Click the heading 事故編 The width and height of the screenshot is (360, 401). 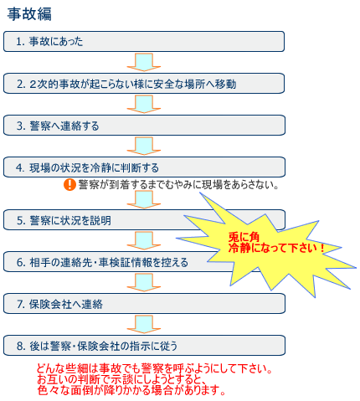tap(29, 14)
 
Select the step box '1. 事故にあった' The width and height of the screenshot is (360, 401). tap(144, 42)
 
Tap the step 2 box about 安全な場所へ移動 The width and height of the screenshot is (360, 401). tap(144, 84)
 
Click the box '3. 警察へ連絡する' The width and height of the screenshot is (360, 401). tap(144, 126)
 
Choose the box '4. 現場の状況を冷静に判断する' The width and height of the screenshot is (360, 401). tap(144, 167)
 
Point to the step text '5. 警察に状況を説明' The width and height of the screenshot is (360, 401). tap(64, 220)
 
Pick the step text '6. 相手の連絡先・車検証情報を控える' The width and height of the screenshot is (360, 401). tap(102, 262)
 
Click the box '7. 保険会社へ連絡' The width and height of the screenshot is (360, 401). tap(144, 304)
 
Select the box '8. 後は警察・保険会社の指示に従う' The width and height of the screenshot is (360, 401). tap(144, 346)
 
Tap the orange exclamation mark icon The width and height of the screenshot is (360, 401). tap(69, 184)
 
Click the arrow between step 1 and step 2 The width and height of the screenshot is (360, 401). tap(144, 62)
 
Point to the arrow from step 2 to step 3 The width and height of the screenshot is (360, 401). tap(144, 104)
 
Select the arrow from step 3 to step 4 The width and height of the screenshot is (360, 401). tap(144, 146)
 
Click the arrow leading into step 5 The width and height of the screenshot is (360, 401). tap(144, 199)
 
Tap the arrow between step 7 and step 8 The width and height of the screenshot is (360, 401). tap(144, 324)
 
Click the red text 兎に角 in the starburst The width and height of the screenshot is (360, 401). tap(244, 237)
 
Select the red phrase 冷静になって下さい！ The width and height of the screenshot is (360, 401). tap(276, 248)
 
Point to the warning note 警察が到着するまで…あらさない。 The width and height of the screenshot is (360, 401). tap(178, 184)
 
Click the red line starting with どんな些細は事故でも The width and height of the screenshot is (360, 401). tap(154, 368)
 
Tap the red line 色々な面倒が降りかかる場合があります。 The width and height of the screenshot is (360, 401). tap(131, 390)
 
